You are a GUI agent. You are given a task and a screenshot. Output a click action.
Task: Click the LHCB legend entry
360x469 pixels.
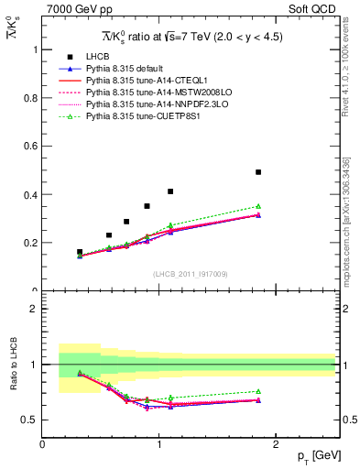[x=98, y=58]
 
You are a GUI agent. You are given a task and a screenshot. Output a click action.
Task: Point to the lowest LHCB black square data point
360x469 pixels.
[x=80, y=252]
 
